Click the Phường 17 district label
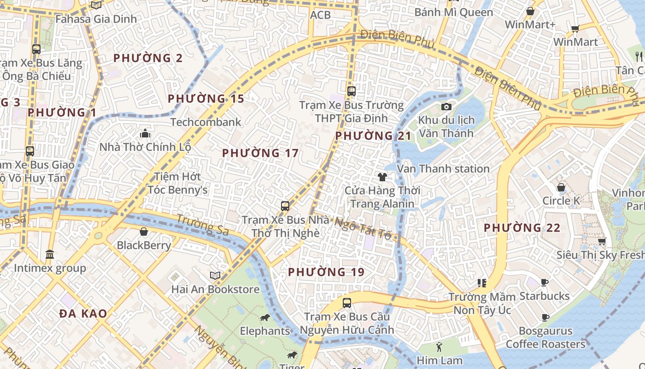(260, 153)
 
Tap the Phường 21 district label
(373, 136)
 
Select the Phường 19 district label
(326, 272)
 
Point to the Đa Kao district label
(83, 314)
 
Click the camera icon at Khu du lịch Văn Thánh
(446, 107)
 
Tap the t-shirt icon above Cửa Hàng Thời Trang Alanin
(382, 177)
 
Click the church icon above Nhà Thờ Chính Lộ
(145, 134)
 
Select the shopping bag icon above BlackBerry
(144, 232)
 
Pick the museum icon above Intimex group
(50, 255)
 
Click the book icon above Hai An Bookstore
(215, 275)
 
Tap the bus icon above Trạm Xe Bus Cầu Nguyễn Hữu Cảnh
(347, 303)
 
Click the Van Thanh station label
(443, 169)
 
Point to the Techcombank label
(206, 122)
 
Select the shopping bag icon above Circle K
(561, 187)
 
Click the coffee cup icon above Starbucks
(545, 282)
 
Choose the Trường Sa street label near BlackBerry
(202, 225)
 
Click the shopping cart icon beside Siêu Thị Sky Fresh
(602, 241)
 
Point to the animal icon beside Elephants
(264, 317)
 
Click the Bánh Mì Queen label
(453, 12)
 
